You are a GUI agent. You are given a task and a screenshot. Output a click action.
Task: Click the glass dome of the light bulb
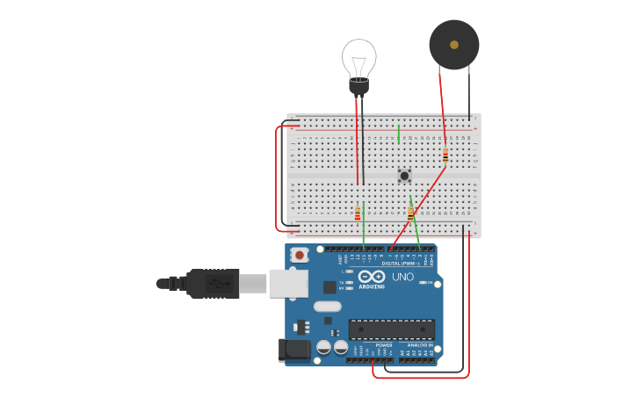(x=358, y=57)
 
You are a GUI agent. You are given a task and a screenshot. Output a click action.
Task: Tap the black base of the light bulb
(x=358, y=86)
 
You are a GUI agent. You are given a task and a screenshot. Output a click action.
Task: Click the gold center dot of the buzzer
(x=454, y=44)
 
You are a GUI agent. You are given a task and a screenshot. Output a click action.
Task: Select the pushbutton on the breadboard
(x=404, y=176)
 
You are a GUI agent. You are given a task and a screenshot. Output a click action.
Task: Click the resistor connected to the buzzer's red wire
(x=445, y=156)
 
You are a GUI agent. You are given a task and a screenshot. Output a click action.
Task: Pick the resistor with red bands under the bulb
(x=358, y=212)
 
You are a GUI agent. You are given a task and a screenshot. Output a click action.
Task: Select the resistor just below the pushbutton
(x=410, y=213)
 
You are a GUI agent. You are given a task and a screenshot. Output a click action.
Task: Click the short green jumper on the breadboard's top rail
(x=399, y=134)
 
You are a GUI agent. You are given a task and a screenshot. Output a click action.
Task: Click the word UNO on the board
(x=402, y=277)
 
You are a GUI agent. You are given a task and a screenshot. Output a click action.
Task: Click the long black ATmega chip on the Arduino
(x=392, y=329)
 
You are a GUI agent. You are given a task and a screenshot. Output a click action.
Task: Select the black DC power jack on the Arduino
(x=294, y=351)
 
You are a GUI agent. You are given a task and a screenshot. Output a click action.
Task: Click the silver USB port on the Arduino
(x=289, y=283)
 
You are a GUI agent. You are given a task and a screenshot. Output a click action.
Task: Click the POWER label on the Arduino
(x=384, y=345)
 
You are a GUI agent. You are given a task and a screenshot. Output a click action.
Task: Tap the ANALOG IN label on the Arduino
(x=417, y=345)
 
